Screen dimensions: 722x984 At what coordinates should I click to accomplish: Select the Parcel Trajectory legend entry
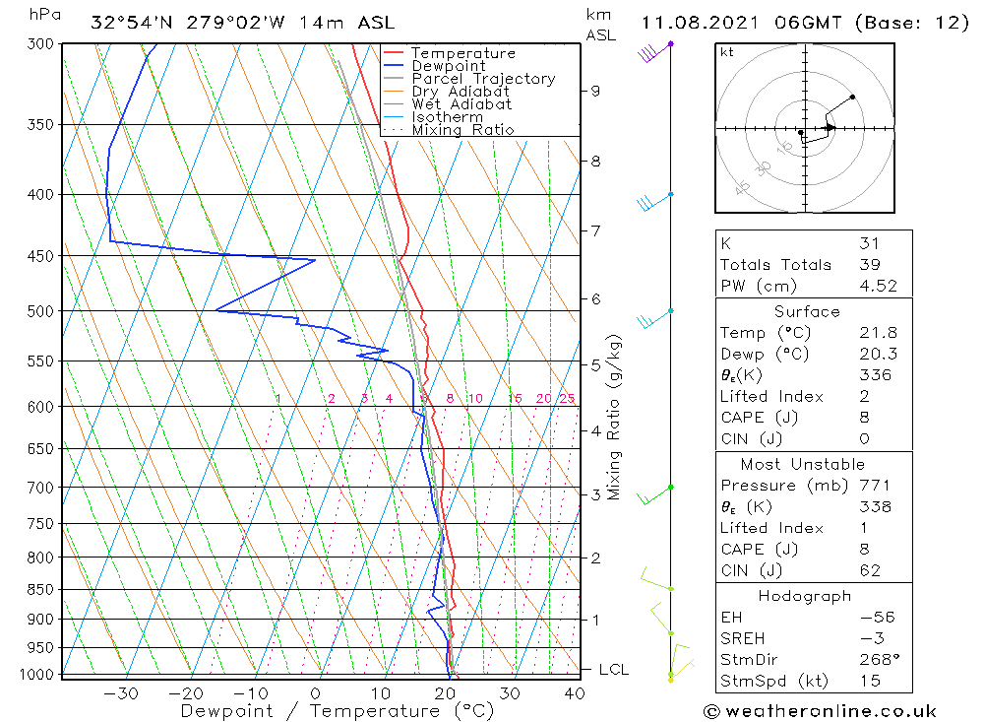click(482, 79)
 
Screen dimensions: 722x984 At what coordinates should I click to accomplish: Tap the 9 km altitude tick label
click(595, 91)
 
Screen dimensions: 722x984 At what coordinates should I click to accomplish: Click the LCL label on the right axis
click(613, 670)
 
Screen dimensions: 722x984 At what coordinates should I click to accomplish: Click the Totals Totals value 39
click(869, 264)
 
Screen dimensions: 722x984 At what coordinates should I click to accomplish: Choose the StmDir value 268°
click(875, 659)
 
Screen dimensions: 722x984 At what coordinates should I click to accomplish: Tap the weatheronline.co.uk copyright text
click(820, 710)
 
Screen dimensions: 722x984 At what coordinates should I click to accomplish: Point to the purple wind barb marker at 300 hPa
click(671, 44)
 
